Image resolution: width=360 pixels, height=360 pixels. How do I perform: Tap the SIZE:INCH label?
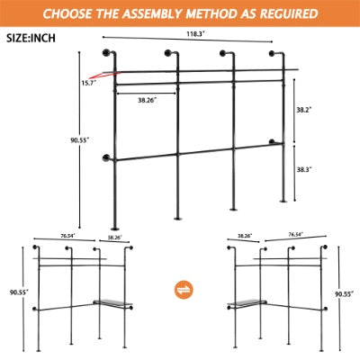[x=31, y=40]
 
